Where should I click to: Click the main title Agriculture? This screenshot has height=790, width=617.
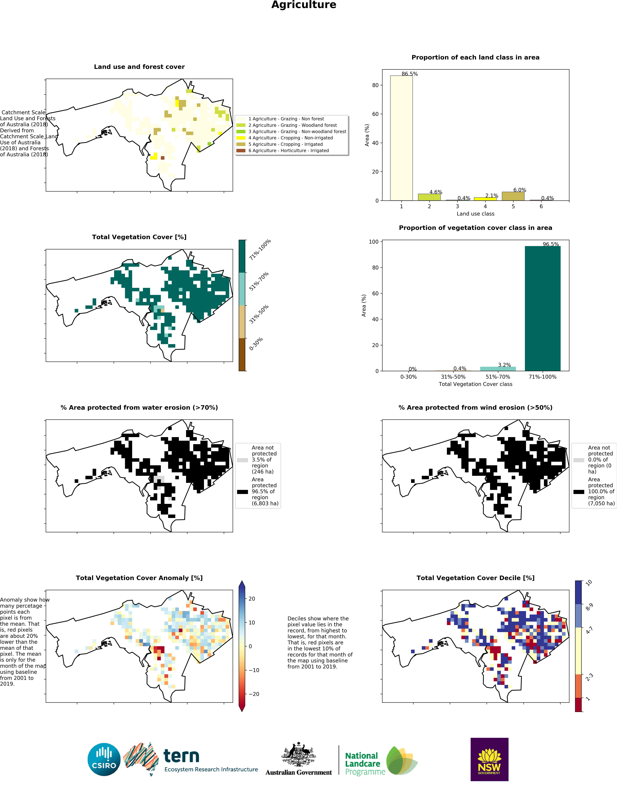click(304, 5)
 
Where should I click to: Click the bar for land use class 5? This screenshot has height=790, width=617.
click(513, 196)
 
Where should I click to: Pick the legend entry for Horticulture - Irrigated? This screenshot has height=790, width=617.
click(288, 150)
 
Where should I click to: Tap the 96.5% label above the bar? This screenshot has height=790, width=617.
click(550, 244)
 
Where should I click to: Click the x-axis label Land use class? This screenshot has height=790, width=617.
click(475, 214)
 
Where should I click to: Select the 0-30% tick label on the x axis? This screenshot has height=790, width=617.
click(408, 377)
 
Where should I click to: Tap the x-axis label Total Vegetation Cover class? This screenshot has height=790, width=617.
click(475, 384)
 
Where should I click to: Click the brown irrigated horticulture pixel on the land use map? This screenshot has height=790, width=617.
click(162, 158)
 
